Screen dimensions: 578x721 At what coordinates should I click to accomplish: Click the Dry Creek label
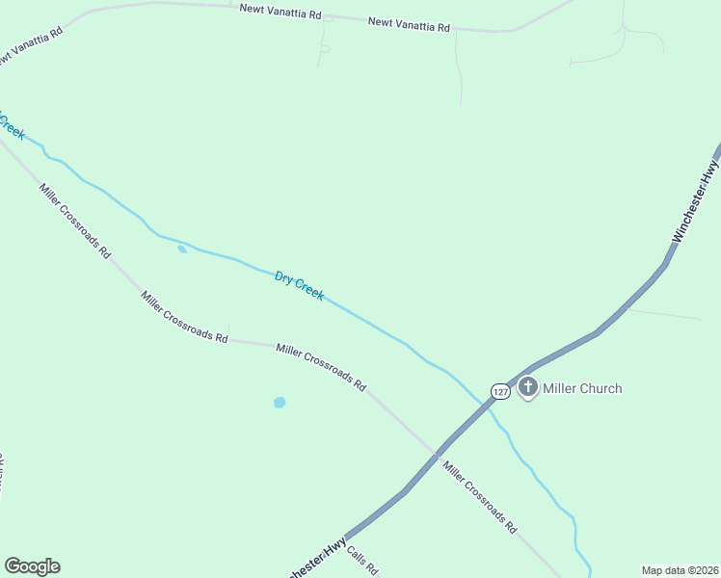[x=299, y=286]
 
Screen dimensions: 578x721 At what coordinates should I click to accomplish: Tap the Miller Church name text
[x=582, y=388]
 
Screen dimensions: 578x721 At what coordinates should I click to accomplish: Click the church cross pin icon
[x=527, y=388]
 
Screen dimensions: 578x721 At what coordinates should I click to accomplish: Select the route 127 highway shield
[x=498, y=391]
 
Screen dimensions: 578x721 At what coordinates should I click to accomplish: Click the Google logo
[x=32, y=566]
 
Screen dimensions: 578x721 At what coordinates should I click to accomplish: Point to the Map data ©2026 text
[x=680, y=569]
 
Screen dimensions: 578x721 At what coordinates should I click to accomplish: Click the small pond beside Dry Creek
[x=182, y=250]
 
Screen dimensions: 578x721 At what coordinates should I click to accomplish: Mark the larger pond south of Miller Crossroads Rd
[x=280, y=402]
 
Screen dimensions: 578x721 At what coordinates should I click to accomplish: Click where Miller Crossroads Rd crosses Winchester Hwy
[x=438, y=451]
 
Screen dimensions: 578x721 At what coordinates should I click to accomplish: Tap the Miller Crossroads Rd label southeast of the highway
[x=480, y=497]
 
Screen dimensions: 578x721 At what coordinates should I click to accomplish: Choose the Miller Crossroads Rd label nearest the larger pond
[x=321, y=367]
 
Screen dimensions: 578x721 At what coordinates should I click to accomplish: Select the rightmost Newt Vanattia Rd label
[x=409, y=23]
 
